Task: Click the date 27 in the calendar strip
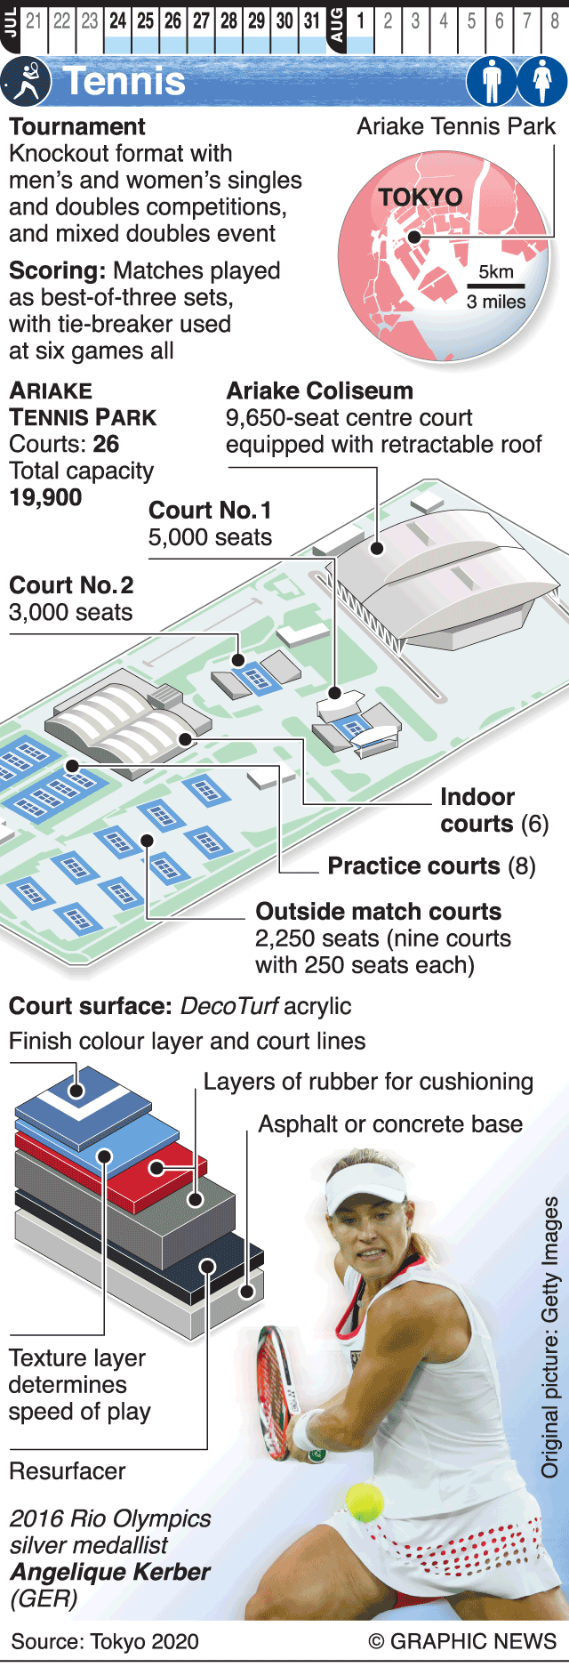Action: click(201, 20)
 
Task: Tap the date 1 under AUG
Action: click(360, 20)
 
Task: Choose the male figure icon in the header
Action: click(492, 81)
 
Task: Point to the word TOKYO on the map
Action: click(421, 197)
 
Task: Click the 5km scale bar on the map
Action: click(496, 286)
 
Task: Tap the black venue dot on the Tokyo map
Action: click(413, 238)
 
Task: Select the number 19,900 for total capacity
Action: click(45, 498)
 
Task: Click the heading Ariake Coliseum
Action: click(319, 391)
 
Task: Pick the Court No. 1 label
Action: click(210, 511)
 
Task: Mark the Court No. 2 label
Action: click(71, 585)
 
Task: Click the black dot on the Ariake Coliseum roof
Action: click(377, 548)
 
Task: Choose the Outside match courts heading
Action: click(378, 912)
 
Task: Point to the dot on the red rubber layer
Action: click(156, 1168)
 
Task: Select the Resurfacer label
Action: click(68, 1471)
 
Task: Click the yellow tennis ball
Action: click(365, 1502)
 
